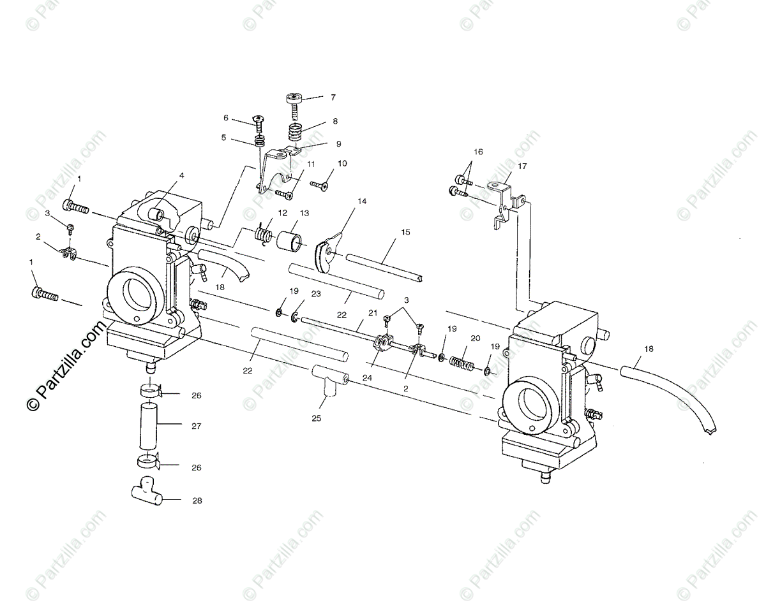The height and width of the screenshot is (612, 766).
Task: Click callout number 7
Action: coord(333,98)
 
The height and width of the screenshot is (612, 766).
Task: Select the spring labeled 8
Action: coord(295,134)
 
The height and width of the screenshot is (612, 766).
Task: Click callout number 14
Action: coord(362,201)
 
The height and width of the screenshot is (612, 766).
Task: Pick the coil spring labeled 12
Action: coord(263,235)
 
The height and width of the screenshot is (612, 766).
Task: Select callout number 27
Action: coord(196,426)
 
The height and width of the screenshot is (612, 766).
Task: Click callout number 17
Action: coord(522,166)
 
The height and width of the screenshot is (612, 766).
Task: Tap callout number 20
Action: coord(475,339)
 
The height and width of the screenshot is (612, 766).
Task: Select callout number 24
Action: coord(366,377)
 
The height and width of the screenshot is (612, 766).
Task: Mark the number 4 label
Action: coord(181,175)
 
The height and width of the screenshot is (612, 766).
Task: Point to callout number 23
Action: coord(315,294)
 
